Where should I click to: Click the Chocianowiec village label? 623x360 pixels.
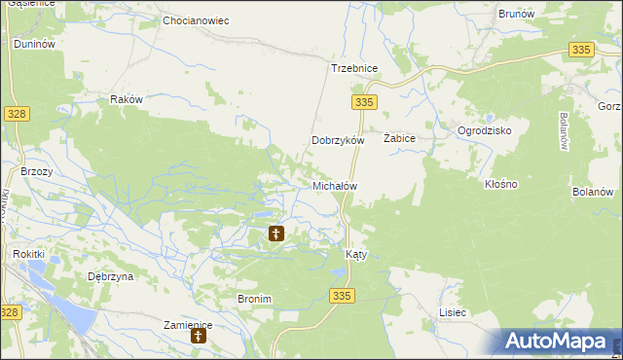(196, 19)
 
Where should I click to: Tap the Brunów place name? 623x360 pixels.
(516, 14)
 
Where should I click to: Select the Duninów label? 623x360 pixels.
(33, 45)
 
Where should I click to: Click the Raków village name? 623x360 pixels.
(127, 99)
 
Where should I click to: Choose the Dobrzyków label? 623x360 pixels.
(337, 140)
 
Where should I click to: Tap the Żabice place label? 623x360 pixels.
(399, 138)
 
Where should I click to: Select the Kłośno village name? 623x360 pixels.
(500, 183)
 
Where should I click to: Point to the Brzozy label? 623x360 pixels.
(36, 170)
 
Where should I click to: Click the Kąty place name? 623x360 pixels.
(356, 254)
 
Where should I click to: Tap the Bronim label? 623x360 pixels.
(254, 299)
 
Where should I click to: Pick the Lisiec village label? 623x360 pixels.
(453, 312)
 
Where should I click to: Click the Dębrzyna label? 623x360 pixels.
(110, 276)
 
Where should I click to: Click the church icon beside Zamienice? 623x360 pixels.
(199, 337)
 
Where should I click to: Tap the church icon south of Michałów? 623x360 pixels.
(276, 234)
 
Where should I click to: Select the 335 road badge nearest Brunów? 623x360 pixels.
(582, 50)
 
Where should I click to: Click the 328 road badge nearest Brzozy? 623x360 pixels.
(17, 114)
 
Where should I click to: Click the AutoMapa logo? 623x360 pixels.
(560, 342)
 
